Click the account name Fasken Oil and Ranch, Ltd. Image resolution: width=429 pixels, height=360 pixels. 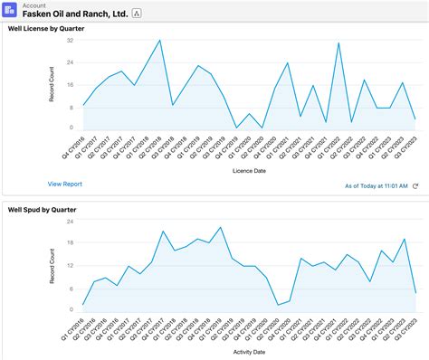coord(81,14)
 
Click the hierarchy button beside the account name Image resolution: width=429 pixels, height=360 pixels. coord(137,14)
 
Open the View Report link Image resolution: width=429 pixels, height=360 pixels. coord(65,184)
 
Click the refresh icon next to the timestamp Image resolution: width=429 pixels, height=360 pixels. coord(415,185)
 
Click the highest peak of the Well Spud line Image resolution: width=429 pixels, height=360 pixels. coord(220,227)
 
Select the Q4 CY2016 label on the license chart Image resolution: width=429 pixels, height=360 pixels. coord(80,147)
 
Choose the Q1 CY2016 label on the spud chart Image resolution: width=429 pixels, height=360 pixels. coord(80,327)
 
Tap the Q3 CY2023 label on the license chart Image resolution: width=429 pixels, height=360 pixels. coord(412,147)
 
